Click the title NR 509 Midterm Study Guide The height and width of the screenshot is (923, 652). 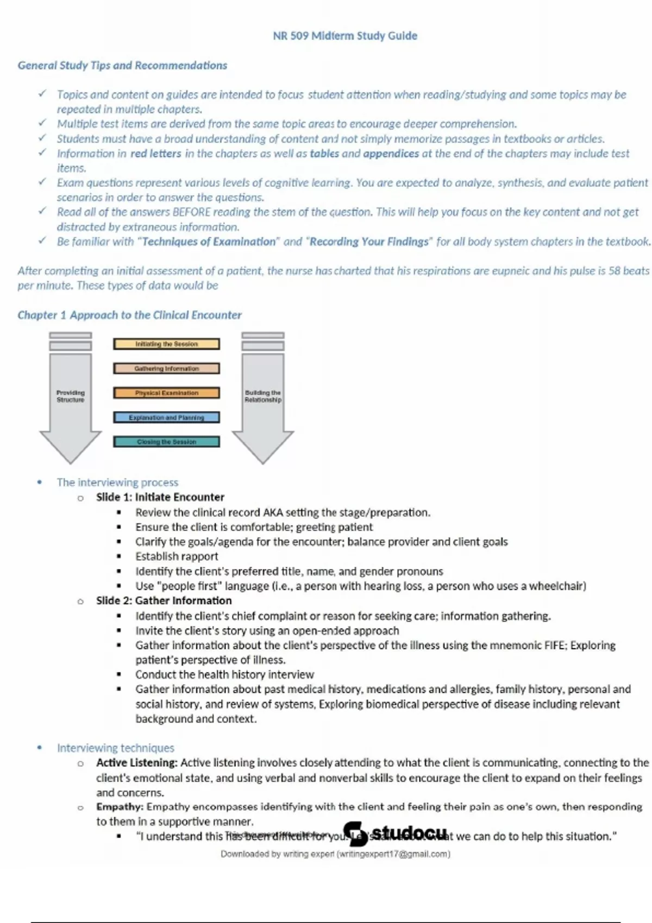pyautogui.click(x=345, y=36)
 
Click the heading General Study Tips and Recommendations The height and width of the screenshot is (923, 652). pyautogui.click(x=122, y=66)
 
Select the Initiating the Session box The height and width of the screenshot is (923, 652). pyautogui.click(x=166, y=344)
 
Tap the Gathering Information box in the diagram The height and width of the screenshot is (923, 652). pyautogui.click(x=166, y=369)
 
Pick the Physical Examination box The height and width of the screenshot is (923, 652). pyautogui.click(x=166, y=393)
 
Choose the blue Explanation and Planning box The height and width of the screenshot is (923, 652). pyautogui.click(x=166, y=418)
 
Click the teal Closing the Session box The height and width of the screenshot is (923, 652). pyautogui.click(x=166, y=442)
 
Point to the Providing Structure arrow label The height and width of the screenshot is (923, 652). pyautogui.click(x=71, y=396)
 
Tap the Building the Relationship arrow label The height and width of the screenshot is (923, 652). pyautogui.click(x=263, y=396)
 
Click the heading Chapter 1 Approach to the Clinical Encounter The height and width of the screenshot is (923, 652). pyautogui.click(x=129, y=315)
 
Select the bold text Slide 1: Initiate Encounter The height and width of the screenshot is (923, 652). pyautogui.click(x=160, y=497)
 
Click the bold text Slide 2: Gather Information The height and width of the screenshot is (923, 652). pyautogui.click(x=164, y=601)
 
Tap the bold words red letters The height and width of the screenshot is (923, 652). pyautogui.click(x=156, y=154)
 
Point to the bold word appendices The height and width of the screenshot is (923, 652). pyautogui.click(x=391, y=154)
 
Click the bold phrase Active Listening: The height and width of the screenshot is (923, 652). pyautogui.click(x=136, y=763)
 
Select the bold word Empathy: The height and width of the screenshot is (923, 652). pyautogui.click(x=120, y=807)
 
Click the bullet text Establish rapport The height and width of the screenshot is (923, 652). pyautogui.click(x=177, y=557)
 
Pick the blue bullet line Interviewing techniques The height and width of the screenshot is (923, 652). pyautogui.click(x=115, y=748)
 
